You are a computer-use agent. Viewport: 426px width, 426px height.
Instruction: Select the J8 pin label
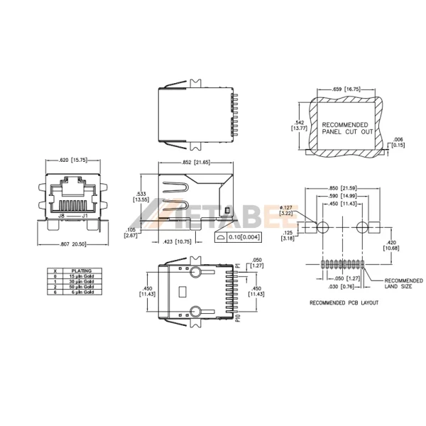(x=62, y=214)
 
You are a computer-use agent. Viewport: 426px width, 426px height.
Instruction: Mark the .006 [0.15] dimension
(x=400, y=141)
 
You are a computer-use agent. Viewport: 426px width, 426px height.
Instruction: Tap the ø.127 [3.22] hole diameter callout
(x=287, y=209)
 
